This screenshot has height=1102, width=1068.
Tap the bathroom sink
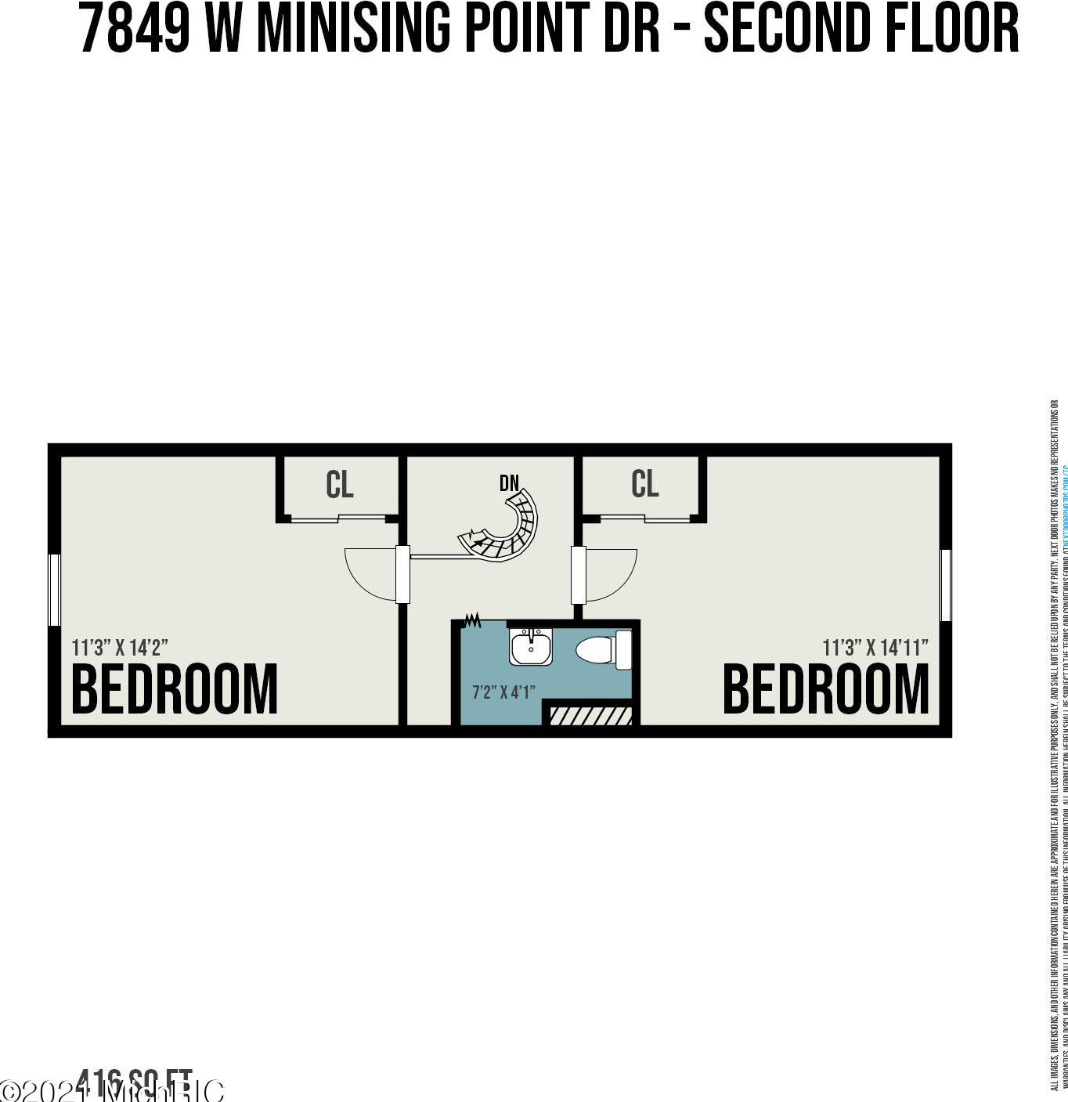(x=531, y=646)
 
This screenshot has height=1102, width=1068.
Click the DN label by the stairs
(x=509, y=483)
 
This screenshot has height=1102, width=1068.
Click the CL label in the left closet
(x=340, y=485)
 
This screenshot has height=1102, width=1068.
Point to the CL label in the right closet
(x=645, y=483)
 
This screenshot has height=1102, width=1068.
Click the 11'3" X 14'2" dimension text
(x=120, y=648)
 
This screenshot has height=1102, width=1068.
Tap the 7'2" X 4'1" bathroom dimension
(x=503, y=692)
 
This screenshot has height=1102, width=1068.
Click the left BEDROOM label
(x=175, y=689)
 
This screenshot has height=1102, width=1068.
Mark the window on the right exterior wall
(x=946, y=585)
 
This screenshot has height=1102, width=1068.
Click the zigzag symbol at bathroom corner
(x=472, y=621)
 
